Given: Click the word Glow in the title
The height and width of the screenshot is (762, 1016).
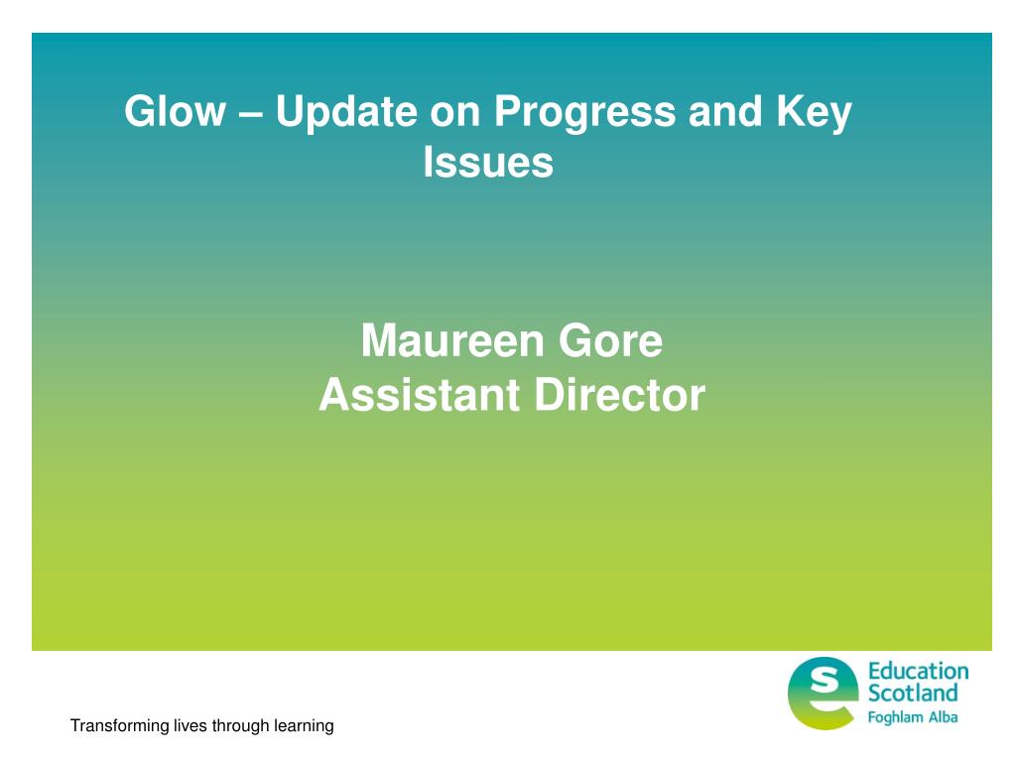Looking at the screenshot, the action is (x=175, y=111).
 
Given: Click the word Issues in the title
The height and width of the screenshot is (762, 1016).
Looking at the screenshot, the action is (x=488, y=162).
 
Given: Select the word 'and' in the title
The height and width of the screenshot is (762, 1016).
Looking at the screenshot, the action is (x=725, y=111).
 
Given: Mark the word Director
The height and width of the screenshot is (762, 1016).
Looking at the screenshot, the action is (x=620, y=395).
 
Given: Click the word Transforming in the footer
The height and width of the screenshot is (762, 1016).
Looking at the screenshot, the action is (x=119, y=726).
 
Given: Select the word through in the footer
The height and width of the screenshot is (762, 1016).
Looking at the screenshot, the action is (x=240, y=726).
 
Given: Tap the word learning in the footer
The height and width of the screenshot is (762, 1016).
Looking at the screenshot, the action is (x=304, y=726).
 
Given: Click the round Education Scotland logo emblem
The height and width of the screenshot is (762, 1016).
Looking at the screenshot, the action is (x=821, y=693).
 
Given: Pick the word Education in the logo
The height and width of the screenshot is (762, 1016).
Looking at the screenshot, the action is (x=918, y=671).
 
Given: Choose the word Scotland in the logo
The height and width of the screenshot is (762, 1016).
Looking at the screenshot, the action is (x=913, y=693).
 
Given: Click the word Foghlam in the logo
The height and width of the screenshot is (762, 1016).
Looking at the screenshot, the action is (x=895, y=717).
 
